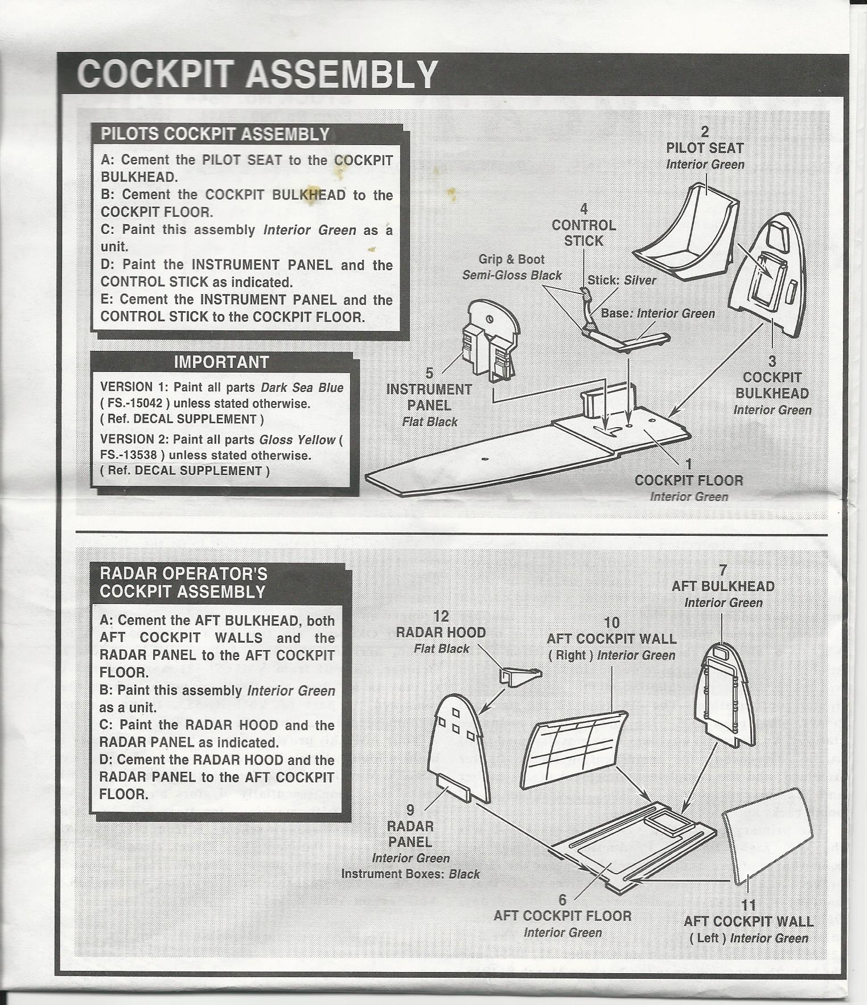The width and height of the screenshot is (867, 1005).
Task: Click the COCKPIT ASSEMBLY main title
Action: point(257,75)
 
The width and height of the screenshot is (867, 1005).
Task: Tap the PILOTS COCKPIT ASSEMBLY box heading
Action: point(215,134)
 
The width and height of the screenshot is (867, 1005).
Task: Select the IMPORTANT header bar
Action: point(221,362)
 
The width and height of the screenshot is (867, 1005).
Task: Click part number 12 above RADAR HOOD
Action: point(441,617)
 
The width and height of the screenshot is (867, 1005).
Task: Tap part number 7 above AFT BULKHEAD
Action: point(722,570)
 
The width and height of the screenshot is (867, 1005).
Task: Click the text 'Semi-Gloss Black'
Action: point(512,275)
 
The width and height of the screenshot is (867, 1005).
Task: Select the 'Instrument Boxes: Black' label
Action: point(410,874)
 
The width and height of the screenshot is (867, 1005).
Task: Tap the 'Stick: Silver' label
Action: point(622,280)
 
